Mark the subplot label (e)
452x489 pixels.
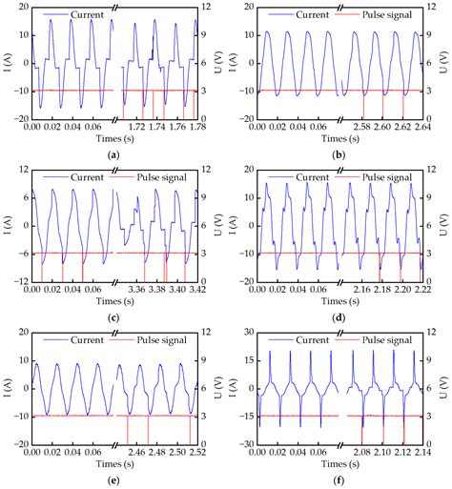pyautogui.click(x=114, y=480)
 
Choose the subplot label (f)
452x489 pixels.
pyautogui.click(x=339, y=480)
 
